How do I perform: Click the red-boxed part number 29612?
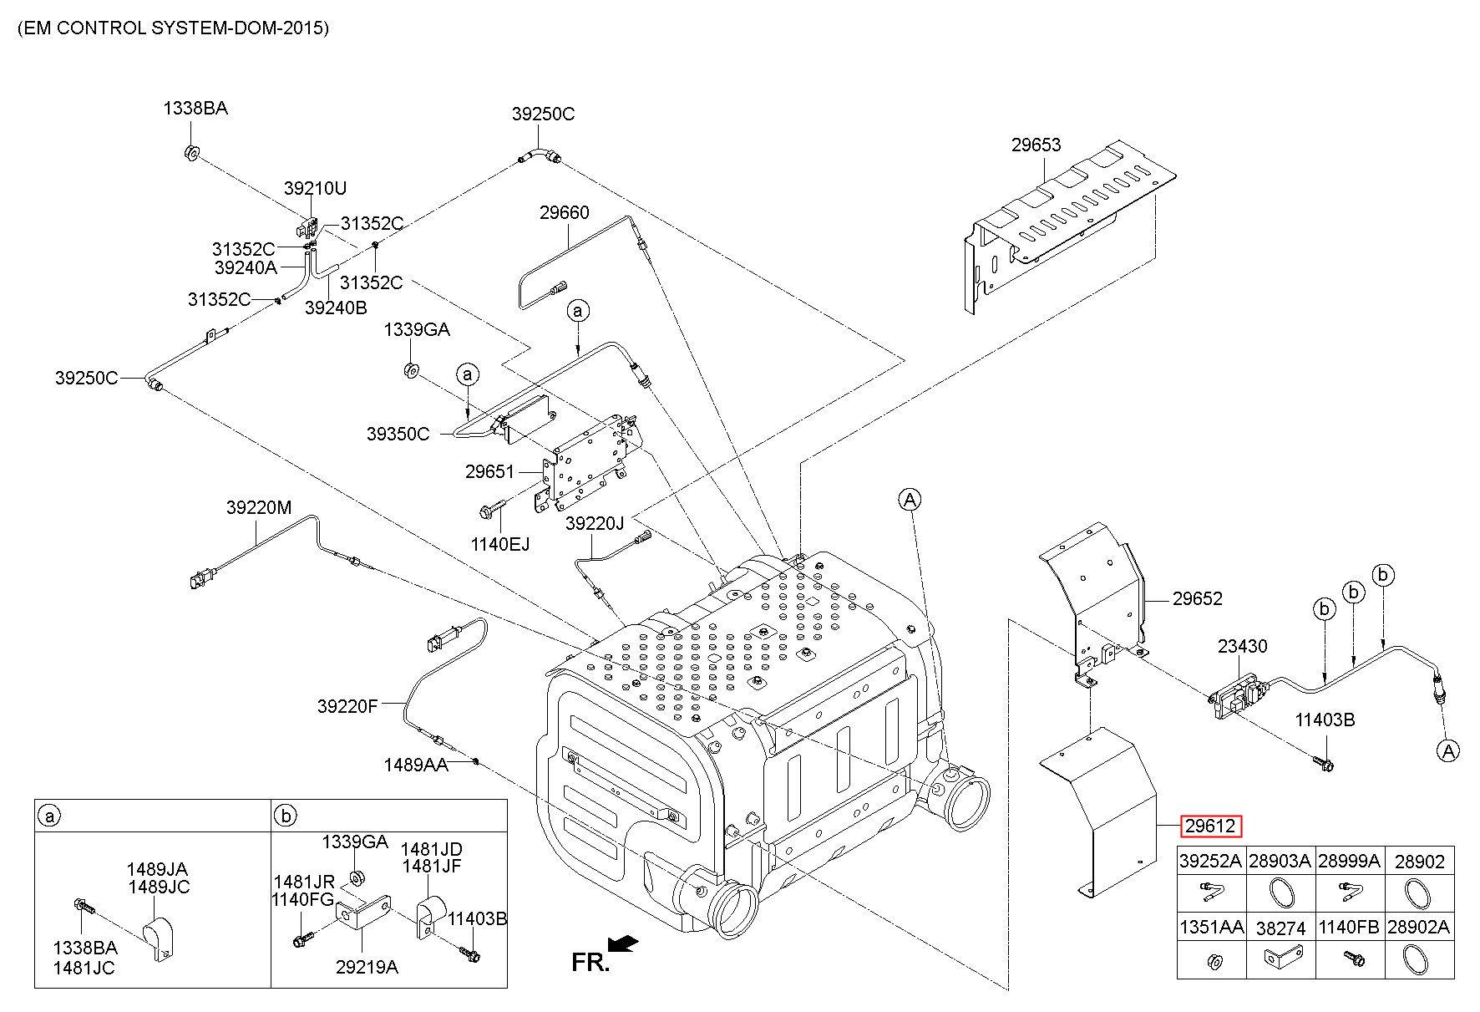pos(1211,826)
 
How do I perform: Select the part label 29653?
pos(1036,145)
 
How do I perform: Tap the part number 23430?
pos(1242,646)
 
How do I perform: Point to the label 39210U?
pos(315,188)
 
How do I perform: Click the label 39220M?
pos(259,507)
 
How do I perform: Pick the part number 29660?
pos(564,212)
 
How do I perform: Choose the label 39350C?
pos(398,434)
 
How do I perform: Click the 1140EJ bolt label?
pos(499,544)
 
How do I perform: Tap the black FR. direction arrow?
pos(623,943)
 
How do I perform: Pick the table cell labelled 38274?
pos(1280,927)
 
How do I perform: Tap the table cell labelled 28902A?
pos(1419,927)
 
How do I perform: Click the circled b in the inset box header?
pos(286,816)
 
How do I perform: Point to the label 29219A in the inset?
pos(367,967)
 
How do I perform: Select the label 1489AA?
pos(416,765)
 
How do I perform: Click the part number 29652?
pos(1197,598)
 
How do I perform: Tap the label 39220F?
pos(347,706)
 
